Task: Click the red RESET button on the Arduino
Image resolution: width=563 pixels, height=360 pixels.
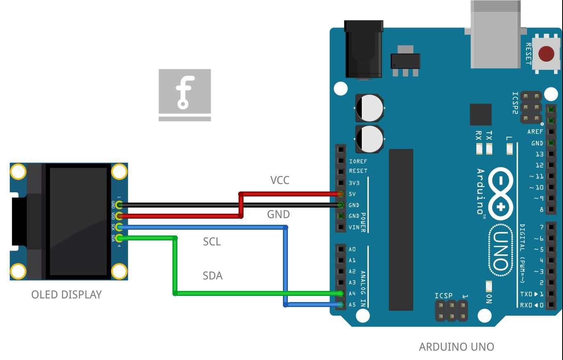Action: click(x=546, y=54)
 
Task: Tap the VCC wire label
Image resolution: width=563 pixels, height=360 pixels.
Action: click(x=280, y=180)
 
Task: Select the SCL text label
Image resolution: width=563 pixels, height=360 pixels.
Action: click(x=212, y=242)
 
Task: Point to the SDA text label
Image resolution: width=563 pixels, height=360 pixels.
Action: click(x=213, y=276)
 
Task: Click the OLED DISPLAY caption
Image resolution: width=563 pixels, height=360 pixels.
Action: click(x=67, y=295)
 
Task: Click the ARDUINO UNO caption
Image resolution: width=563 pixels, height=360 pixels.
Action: click(x=456, y=347)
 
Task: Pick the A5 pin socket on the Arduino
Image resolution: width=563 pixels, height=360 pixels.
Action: click(x=340, y=305)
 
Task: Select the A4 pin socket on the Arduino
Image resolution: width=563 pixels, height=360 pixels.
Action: click(x=340, y=293)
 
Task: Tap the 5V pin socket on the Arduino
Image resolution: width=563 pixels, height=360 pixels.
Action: click(x=340, y=194)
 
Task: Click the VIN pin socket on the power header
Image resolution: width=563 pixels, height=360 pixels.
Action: click(x=340, y=227)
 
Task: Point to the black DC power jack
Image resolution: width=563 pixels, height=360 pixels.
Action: click(x=364, y=49)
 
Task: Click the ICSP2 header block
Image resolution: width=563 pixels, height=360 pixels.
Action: click(x=531, y=107)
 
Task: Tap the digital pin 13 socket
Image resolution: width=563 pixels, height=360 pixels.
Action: click(x=551, y=154)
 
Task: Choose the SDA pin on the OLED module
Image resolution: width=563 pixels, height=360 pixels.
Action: click(x=119, y=238)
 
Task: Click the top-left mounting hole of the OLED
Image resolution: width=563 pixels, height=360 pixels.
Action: click(x=18, y=171)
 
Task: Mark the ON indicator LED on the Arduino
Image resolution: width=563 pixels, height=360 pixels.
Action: click(x=489, y=286)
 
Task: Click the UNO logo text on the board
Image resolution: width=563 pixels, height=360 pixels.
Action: click(x=501, y=251)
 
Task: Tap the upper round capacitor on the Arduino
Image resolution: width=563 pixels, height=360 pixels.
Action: click(x=370, y=108)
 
